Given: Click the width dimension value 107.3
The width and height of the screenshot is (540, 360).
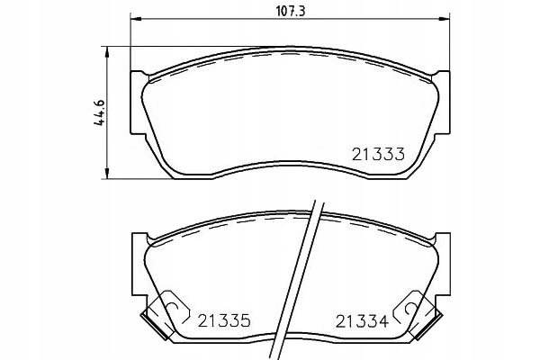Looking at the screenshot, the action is pos(291,11).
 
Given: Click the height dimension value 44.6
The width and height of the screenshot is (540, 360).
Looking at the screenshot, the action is pos(100,112).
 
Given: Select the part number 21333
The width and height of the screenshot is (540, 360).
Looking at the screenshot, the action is pos(378,154).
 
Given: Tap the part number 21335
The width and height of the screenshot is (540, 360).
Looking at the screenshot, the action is pos(224,321).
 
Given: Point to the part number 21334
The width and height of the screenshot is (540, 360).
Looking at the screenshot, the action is pos(362,321).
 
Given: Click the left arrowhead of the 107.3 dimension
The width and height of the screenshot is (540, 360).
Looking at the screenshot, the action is pos(136,19).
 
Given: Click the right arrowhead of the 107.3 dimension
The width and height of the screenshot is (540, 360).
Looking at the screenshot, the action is pos(445,19).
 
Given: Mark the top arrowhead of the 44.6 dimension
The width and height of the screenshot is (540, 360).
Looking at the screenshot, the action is pos(108,51).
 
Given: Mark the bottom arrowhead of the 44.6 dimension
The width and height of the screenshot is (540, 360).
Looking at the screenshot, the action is pos(108,174).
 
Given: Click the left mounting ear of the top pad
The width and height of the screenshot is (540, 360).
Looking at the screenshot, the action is pos(137,103).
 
